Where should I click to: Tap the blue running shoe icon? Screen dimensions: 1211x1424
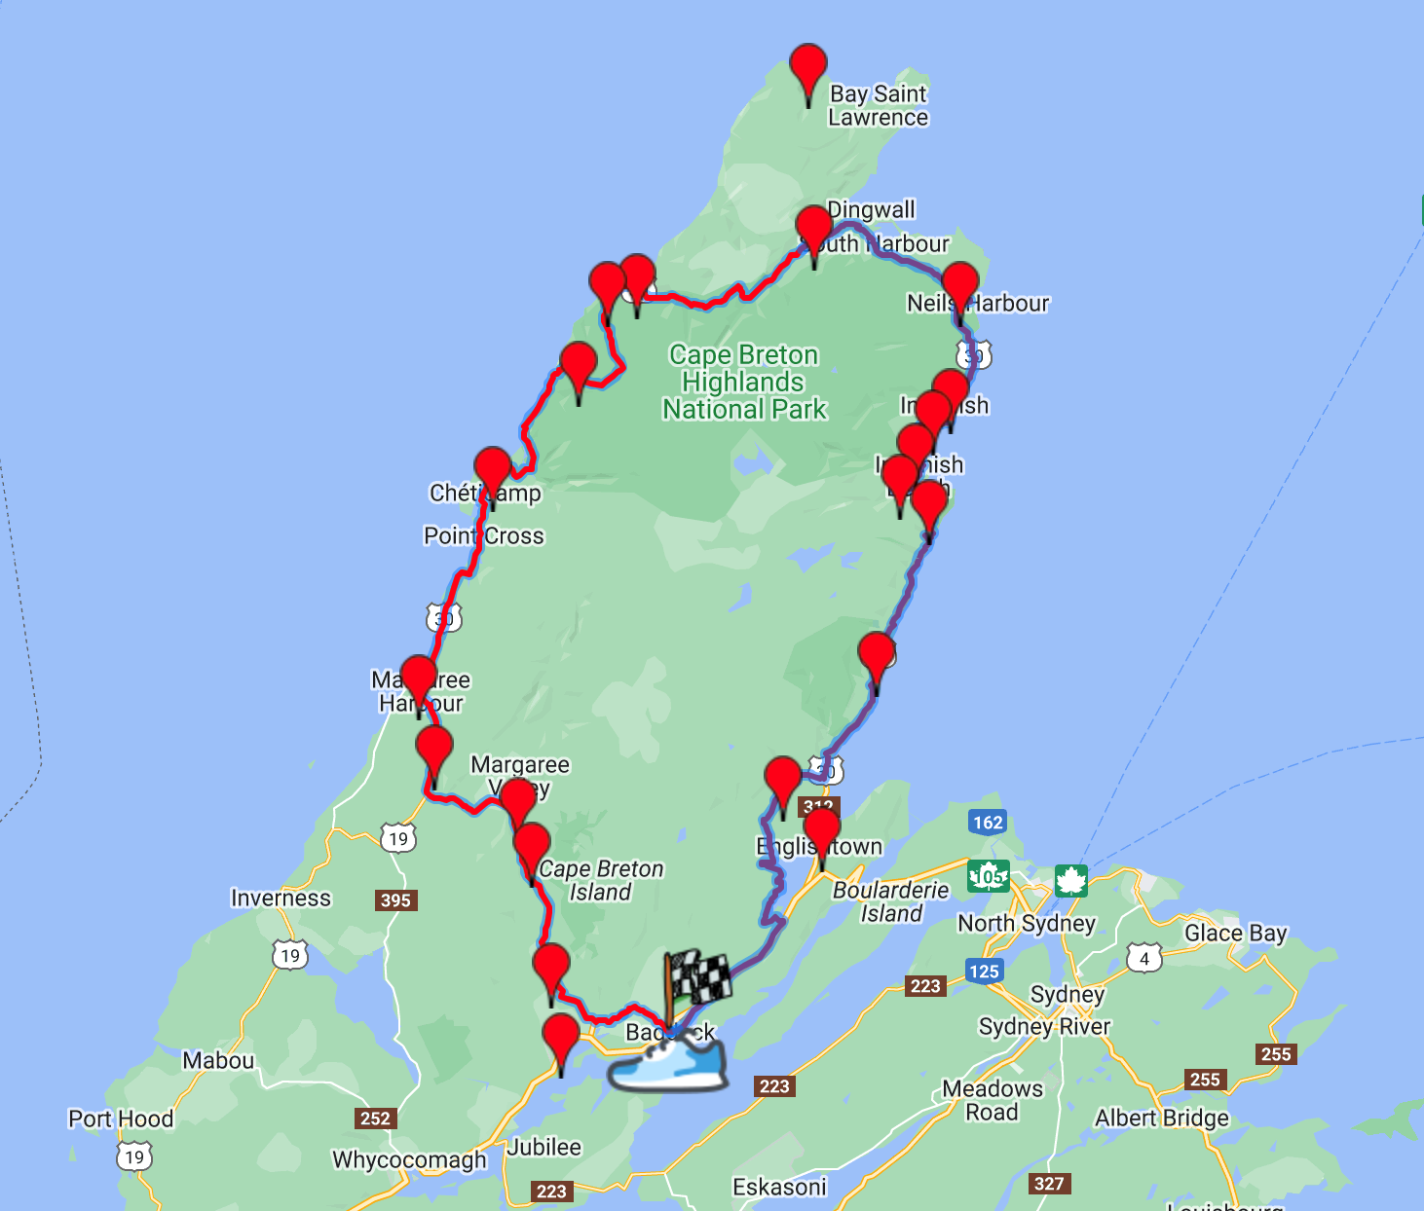(669, 1065)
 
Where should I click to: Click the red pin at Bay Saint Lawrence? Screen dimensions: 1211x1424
(808, 70)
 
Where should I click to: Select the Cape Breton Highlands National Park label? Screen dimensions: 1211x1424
(744, 382)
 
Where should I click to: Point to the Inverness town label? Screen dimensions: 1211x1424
(281, 898)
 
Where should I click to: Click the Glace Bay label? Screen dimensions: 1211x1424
(1235, 933)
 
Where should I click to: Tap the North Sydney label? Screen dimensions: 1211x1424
(1027, 923)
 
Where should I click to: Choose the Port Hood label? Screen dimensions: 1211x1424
(121, 1119)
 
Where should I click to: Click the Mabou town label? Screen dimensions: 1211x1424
(218, 1060)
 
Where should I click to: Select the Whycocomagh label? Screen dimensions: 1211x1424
(409, 1159)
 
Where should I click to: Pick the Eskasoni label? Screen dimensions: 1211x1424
(779, 1187)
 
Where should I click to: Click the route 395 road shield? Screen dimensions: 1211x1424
(395, 899)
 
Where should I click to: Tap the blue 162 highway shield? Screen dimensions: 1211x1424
(988, 822)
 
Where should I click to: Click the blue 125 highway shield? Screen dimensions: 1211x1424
(984, 971)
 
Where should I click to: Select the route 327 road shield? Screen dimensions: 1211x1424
(1049, 1184)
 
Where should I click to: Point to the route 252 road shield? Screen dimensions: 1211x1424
(375, 1119)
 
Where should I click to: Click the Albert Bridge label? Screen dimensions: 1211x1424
(1162, 1118)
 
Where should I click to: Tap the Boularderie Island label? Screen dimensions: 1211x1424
(890, 901)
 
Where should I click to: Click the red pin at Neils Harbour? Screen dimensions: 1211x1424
(959, 287)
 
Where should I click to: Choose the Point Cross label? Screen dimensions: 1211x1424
(483, 535)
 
